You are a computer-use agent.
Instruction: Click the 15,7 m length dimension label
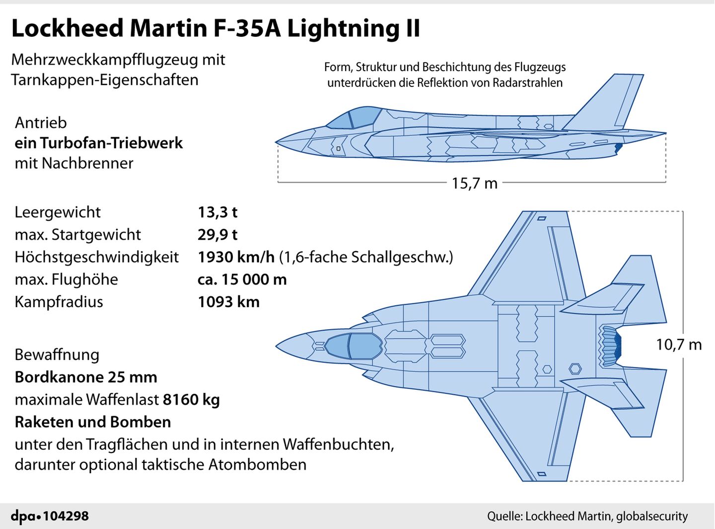[474, 183]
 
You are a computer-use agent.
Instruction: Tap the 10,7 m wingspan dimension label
[678, 345]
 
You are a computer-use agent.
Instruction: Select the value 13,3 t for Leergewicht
[217, 212]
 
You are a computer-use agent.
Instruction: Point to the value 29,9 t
[217, 235]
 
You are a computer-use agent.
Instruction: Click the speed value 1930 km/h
[236, 257]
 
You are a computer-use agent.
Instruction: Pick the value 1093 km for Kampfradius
[228, 302]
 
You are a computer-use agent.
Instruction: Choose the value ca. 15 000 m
[242, 279]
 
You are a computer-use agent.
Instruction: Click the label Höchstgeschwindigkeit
[96, 257]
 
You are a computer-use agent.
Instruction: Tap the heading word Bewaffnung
[57, 354]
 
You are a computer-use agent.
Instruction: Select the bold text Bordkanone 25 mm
[86, 377]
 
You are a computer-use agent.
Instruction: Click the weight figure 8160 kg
[191, 399]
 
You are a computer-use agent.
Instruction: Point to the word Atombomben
[257, 464]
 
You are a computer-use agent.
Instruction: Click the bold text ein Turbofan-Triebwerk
[99, 143]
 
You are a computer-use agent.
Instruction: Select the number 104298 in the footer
[66, 517]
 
